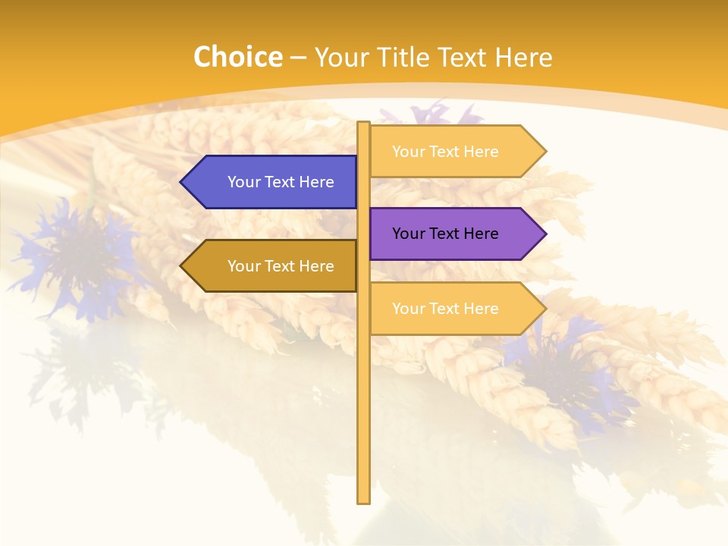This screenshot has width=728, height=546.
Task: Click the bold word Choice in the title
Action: pos(237,58)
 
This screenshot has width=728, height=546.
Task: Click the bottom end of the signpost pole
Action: pos(363,500)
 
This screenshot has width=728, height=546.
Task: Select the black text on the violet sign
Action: pos(445,234)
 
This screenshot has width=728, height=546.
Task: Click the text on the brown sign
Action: pos(281,266)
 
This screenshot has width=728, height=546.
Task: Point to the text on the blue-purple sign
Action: pos(281,182)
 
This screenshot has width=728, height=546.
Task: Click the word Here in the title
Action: pos(523,58)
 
